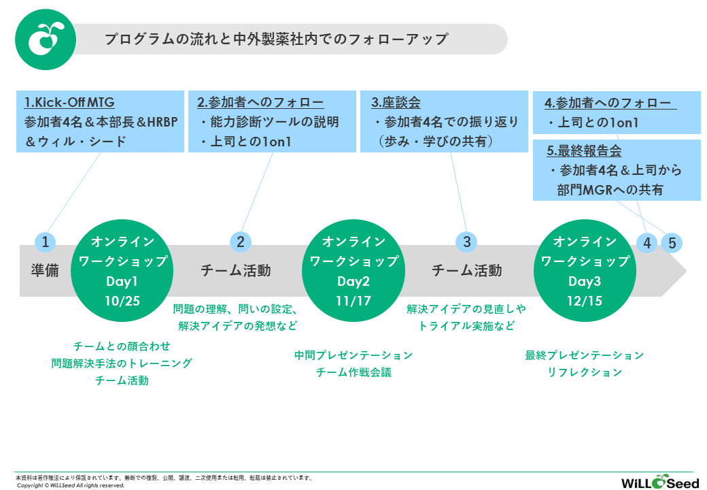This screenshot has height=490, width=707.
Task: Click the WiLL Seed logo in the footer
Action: tap(650, 482)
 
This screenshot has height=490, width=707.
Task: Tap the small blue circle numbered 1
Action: tap(45, 242)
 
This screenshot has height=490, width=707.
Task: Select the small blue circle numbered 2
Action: tap(240, 242)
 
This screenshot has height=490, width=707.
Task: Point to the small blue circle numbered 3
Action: tap(466, 242)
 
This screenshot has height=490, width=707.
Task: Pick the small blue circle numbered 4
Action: tap(646, 243)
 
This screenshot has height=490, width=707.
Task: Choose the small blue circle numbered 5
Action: tap(672, 243)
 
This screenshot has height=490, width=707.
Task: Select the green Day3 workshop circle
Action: tap(584, 270)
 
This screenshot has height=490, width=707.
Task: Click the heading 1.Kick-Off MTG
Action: tap(69, 103)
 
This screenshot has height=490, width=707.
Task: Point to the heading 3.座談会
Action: tap(396, 103)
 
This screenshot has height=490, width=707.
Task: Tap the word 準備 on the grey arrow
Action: tap(45, 270)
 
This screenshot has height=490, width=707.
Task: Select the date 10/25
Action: tap(122, 300)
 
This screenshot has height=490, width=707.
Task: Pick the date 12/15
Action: tap(585, 300)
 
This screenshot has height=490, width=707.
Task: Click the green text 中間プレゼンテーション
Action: tap(353, 355)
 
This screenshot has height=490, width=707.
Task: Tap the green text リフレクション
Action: tap(585, 372)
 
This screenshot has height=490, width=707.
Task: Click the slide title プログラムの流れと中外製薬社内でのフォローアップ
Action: tap(277, 39)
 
